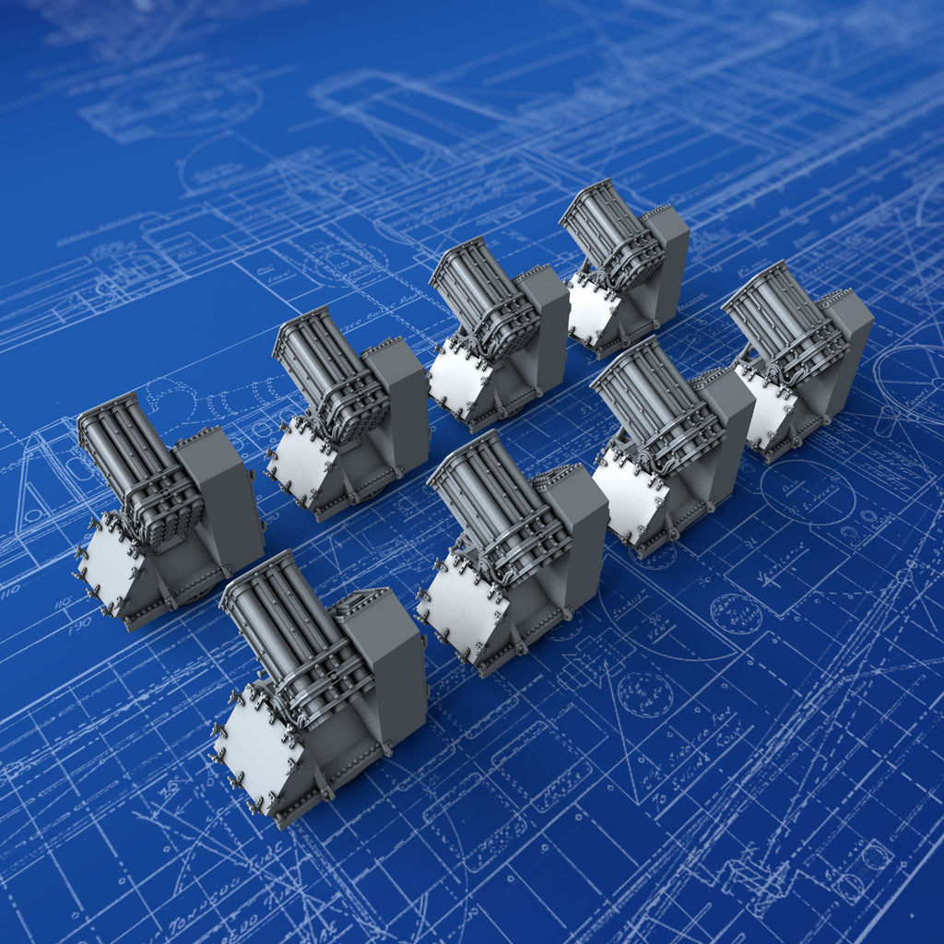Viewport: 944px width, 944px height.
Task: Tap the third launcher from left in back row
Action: pyautogui.click(x=498, y=332)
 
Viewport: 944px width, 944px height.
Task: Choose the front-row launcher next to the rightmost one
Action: pyautogui.click(x=673, y=442)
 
